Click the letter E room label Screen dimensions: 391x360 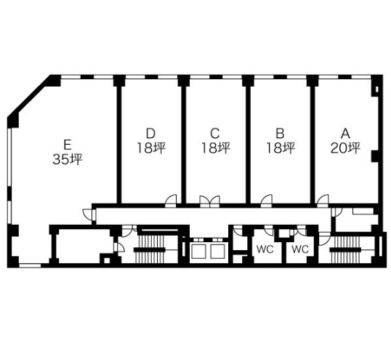(x=68, y=145)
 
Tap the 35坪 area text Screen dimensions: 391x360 (x=68, y=159)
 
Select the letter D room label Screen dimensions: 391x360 (x=150, y=134)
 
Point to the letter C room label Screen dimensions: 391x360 (x=215, y=134)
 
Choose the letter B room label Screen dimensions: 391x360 (x=281, y=134)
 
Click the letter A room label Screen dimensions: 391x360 (x=345, y=134)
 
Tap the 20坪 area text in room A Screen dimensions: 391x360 (x=345, y=148)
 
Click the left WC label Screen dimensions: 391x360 (x=265, y=249)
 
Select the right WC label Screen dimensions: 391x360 (x=300, y=249)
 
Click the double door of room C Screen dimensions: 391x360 (x=210, y=201)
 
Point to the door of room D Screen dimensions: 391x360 (x=171, y=201)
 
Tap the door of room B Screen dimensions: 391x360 (x=266, y=201)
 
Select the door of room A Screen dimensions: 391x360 (x=323, y=201)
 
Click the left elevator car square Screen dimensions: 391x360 (x=198, y=251)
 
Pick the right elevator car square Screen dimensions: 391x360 (x=218, y=251)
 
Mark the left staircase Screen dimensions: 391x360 (x=150, y=249)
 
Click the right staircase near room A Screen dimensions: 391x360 (x=345, y=249)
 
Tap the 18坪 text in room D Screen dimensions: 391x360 (x=151, y=148)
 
